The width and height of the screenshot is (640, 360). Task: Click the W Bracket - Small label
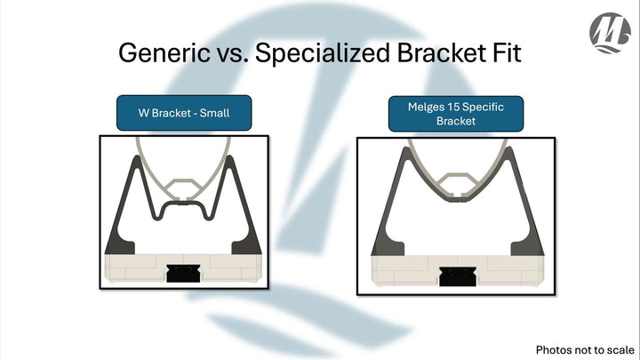185,113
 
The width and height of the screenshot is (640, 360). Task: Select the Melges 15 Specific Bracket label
456,113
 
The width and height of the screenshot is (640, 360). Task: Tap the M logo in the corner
609,34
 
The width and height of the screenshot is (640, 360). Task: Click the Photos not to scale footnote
584,349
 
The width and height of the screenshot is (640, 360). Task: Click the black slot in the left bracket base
185,272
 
